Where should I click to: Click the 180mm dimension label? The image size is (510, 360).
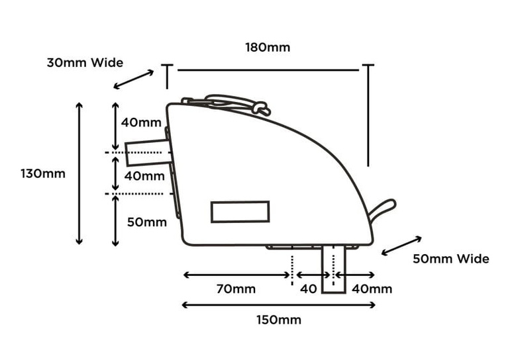coord(267,48)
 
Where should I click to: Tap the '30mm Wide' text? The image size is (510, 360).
coord(85,63)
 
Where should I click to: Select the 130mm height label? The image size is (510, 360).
coord(43,174)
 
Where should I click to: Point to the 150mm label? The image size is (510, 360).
coord(279,320)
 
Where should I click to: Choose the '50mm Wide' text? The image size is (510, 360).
coord(451,259)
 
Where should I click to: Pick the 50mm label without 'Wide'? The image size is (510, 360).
coord(146,222)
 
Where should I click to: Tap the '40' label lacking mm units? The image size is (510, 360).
coord(309,289)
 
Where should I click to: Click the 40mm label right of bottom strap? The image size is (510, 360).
coord(372,289)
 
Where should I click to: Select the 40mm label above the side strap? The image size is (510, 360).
coord(141,122)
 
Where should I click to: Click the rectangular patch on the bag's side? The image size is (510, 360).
coord(240,212)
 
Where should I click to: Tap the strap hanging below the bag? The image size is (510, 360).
coord(334,269)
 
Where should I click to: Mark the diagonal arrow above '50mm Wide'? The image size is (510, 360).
coord(401,245)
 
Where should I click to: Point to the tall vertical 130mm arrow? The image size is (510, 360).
coord(79,173)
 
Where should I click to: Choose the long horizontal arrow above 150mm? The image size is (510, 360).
coord(279,304)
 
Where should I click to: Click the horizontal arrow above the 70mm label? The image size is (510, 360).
coord(238,275)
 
